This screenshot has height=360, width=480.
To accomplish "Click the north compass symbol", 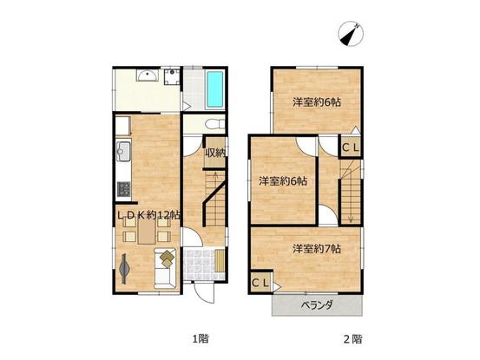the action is point(351,34).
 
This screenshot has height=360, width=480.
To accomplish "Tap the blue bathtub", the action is point(214,89).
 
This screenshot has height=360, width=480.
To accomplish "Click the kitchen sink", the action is point(124,151).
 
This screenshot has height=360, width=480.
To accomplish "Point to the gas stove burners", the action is point(123,189).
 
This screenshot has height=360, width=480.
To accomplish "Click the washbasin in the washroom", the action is point(148,75).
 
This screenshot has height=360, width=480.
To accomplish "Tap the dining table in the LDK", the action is point(147,232).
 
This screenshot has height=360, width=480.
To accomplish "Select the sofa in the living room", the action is point(165,269).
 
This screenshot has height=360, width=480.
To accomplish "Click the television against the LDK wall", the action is point(124,269).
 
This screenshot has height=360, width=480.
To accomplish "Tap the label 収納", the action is point(215,152).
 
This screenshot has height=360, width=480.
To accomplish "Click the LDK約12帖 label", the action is point(148,215).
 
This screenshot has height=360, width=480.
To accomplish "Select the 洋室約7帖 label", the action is point(317,249).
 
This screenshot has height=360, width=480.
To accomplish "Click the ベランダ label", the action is point(317,305).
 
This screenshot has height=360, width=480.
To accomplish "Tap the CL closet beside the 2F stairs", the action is point(350,147).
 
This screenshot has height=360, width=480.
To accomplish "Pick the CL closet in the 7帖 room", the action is point(260,283).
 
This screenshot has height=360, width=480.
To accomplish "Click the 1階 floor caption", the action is point(201,338).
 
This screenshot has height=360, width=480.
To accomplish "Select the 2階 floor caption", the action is point(353,339).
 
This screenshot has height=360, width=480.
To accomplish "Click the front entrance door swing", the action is point(204,293).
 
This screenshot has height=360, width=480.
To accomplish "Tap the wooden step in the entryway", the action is point(220,260).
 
